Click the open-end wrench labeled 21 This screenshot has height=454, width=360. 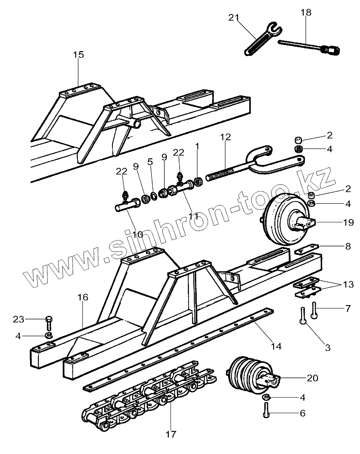pos(262,40)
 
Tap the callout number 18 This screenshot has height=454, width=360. pos(306,12)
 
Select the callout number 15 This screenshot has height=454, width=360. pos(78,54)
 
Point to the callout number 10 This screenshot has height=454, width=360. pos(138,234)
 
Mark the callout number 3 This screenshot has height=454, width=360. pos(328,347)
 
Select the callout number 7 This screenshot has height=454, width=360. pos(348,308)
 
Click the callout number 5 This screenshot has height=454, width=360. pos(150,162)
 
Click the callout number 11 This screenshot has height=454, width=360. pos(194,215)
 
